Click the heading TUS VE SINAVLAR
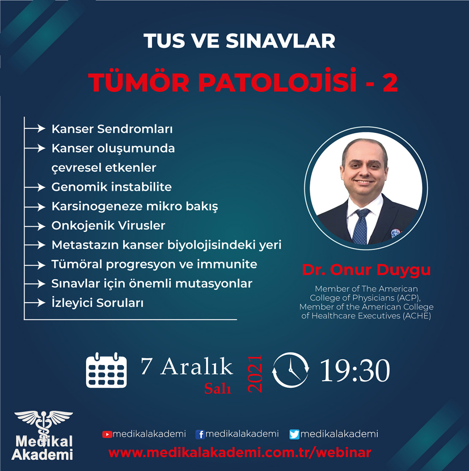(239, 41)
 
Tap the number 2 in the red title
(390, 82)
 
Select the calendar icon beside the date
(106, 370)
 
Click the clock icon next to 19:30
(290, 370)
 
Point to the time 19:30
(355, 371)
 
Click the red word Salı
(217, 388)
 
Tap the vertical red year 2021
(255, 374)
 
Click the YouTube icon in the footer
(107, 434)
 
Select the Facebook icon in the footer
(200, 434)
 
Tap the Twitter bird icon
(294, 434)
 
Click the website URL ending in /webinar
(240, 453)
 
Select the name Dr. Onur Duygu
(366, 269)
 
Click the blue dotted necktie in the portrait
(361, 226)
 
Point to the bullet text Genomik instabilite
(111, 187)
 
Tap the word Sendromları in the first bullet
(135, 129)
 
